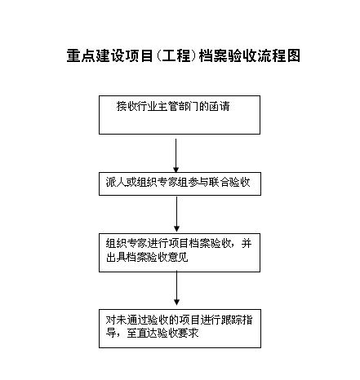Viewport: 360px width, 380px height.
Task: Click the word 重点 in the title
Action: click(81, 55)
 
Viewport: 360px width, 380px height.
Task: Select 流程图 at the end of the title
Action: click(278, 55)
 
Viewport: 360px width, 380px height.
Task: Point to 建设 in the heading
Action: click(109, 55)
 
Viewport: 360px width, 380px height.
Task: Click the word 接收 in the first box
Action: click(127, 106)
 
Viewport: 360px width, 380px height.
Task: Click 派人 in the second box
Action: click(116, 182)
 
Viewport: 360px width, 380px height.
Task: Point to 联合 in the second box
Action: click(220, 182)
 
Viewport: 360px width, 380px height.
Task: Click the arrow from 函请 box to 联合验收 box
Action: click(176, 156)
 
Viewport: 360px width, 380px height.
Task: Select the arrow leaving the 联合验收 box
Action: click(176, 214)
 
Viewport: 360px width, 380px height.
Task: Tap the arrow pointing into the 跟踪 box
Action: click(176, 288)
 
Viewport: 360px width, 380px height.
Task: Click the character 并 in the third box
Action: click(247, 243)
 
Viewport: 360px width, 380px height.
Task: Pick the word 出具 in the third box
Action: click(116, 257)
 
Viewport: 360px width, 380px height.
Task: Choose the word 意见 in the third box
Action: click(178, 257)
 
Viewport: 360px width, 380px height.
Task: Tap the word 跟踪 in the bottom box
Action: click(232, 320)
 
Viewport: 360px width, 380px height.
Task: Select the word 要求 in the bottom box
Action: click(189, 333)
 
